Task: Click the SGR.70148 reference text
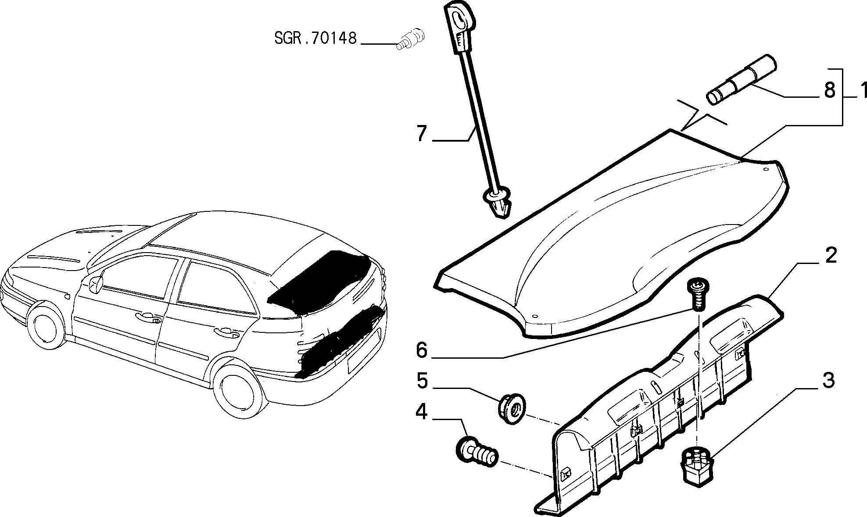coord(315,38)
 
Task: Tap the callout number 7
coord(422,133)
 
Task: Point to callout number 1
coord(861,90)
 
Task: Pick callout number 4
coord(421,412)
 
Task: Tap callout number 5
coord(422,381)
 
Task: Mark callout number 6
coord(422,350)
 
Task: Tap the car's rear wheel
coord(239,392)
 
